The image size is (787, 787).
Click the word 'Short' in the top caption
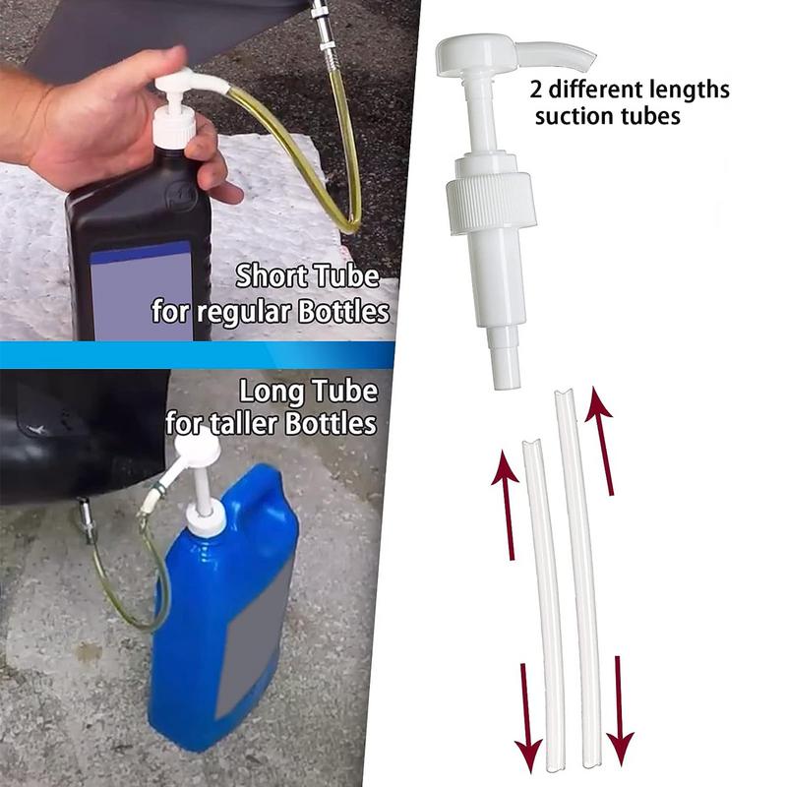tap(272, 276)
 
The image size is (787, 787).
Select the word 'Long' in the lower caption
tap(272, 392)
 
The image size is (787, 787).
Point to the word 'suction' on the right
tap(574, 116)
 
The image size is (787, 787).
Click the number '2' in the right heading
tap(536, 91)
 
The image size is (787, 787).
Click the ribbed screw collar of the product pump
tap(490, 204)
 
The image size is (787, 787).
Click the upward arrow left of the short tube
tap(506, 505)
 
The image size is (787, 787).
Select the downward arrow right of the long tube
tap(620, 710)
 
